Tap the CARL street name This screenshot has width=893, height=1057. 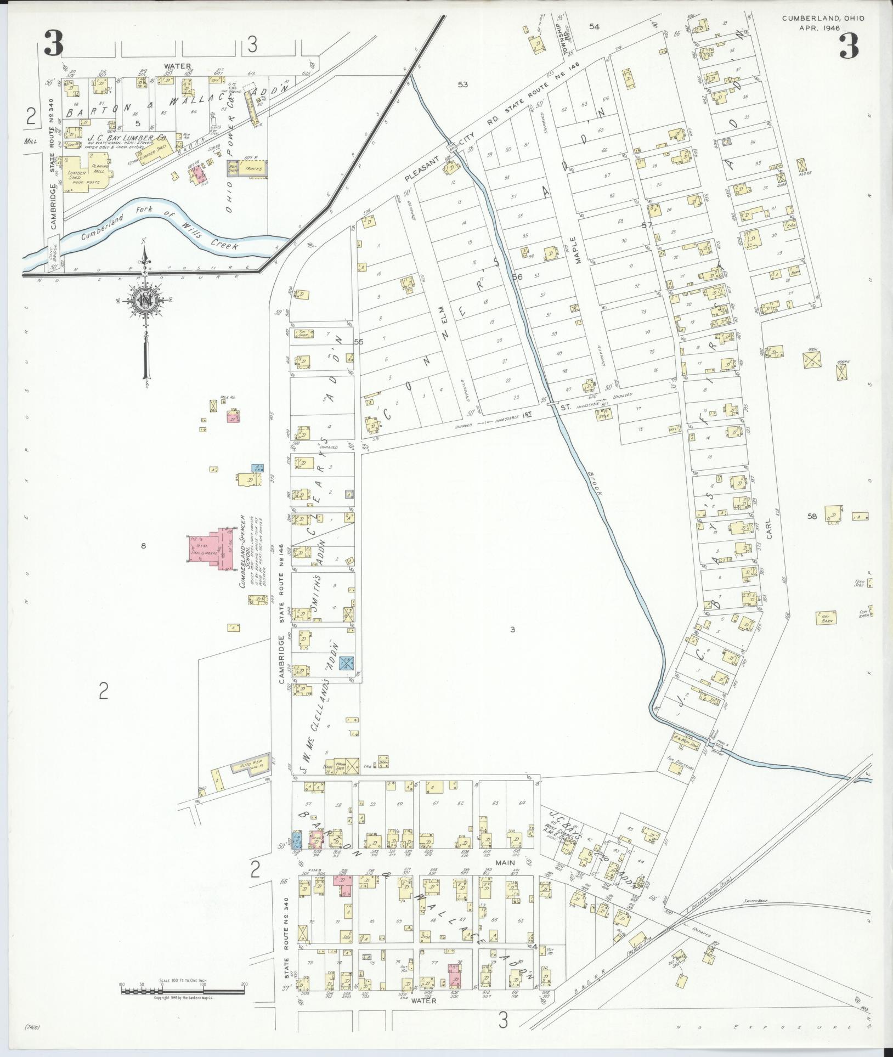(x=770, y=529)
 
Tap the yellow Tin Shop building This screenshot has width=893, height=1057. (x=302, y=333)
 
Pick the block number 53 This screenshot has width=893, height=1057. (x=464, y=84)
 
